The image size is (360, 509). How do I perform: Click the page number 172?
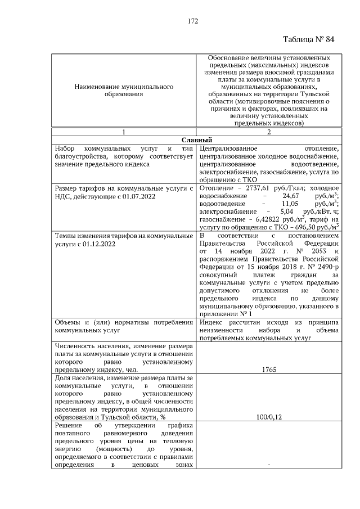(x=193, y=21)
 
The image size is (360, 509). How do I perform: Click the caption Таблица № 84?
(x=309, y=39)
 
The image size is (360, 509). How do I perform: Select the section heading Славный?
(x=196, y=139)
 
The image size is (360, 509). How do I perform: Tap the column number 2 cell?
(x=268, y=132)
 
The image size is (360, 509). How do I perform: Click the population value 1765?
(x=268, y=371)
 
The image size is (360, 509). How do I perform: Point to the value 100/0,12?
(x=268, y=417)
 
